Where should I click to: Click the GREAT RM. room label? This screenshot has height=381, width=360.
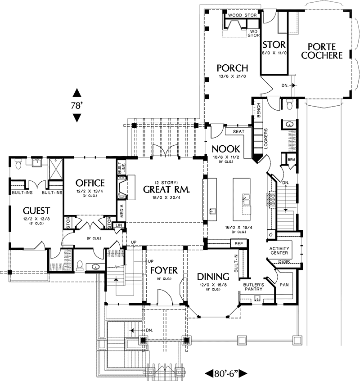coord(166,189)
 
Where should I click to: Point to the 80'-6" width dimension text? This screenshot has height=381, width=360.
coord(227,373)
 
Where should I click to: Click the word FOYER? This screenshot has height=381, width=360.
coord(163,270)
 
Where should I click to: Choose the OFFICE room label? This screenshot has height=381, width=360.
coord(90,183)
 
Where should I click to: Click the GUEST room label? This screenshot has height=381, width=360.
coord(37,210)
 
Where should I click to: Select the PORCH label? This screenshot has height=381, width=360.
coord(232,68)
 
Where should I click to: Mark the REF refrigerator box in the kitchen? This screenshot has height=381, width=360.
coord(237,243)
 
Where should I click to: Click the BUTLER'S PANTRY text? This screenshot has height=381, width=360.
coord(253,287)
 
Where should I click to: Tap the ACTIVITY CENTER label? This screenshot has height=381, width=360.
coord(279,251)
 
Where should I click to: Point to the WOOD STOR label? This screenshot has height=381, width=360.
coord(242,15)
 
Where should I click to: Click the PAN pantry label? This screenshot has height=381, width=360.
coord(284,285)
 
